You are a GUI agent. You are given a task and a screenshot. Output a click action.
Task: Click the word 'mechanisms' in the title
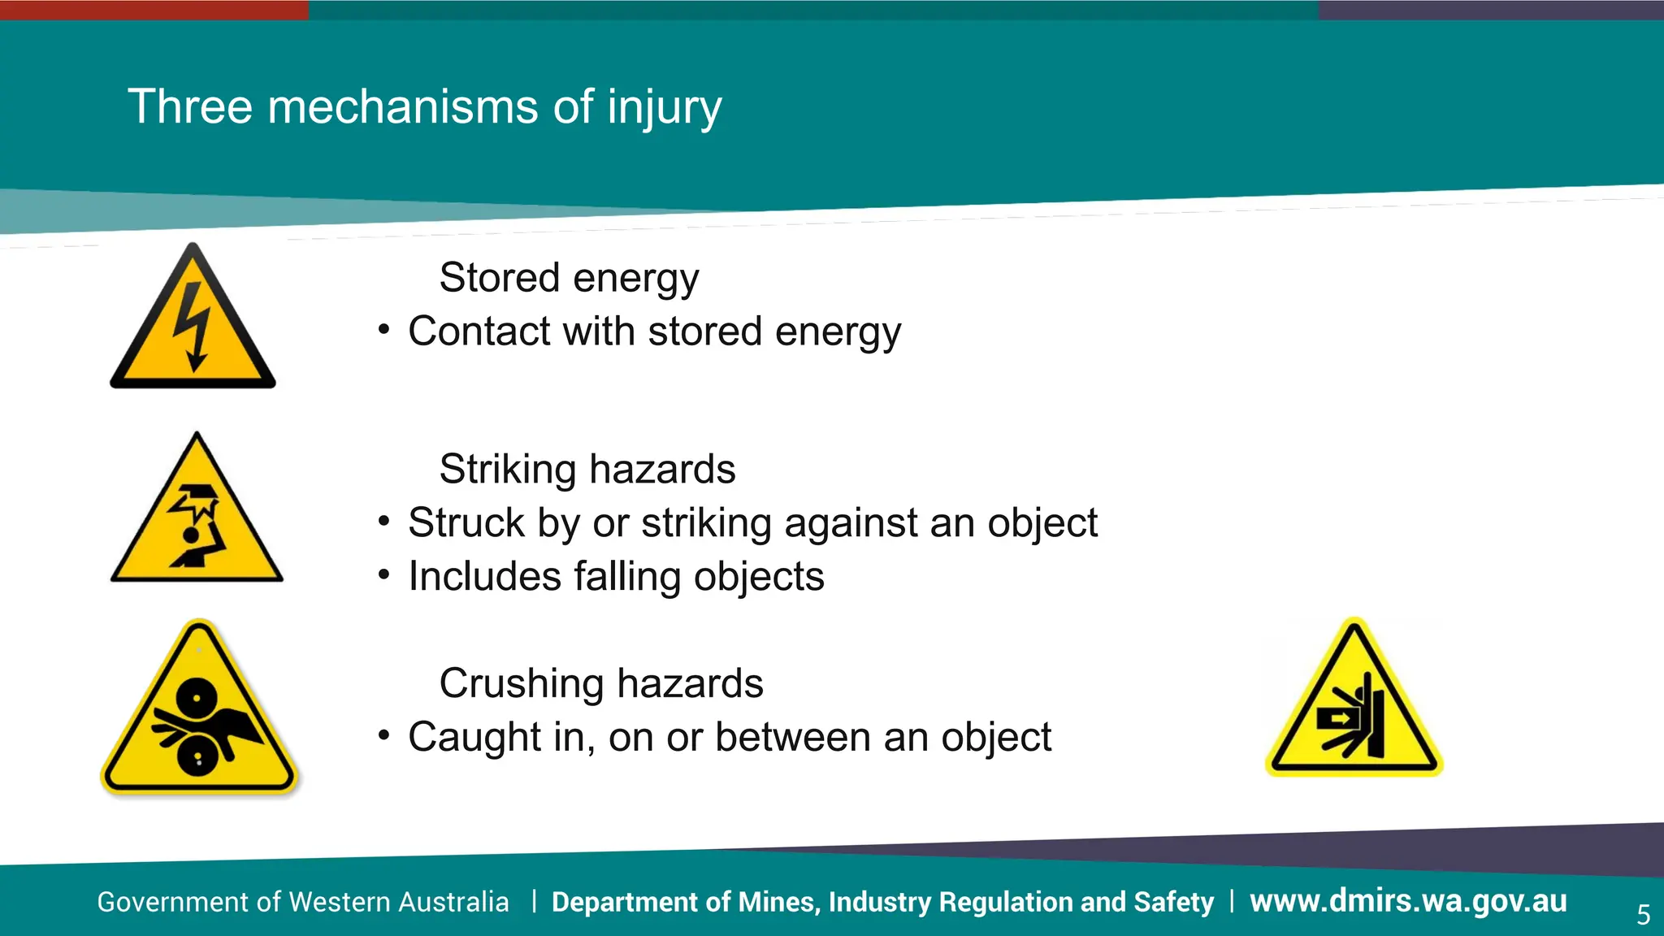click(x=402, y=106)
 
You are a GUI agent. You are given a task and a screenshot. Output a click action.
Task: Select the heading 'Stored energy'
click(x=569, y=278)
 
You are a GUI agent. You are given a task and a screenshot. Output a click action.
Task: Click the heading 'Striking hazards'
click(x=587, y=469)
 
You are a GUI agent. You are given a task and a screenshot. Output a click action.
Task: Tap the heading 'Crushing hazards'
click(x=600, y=683)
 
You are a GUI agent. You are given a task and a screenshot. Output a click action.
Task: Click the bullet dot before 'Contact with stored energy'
click(x=384, y=330)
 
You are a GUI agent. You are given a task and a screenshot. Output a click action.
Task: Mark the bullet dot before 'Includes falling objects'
click(x=384, y=574)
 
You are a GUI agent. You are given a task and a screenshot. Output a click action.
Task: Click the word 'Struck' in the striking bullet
click(x=466, y=522)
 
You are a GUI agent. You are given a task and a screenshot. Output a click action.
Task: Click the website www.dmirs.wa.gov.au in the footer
click(x=1407, y=901)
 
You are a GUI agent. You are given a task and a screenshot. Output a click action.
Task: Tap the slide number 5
click(x=1643, y=915)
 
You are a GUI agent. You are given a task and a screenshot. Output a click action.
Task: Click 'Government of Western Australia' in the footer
click(x=303, y=902)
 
